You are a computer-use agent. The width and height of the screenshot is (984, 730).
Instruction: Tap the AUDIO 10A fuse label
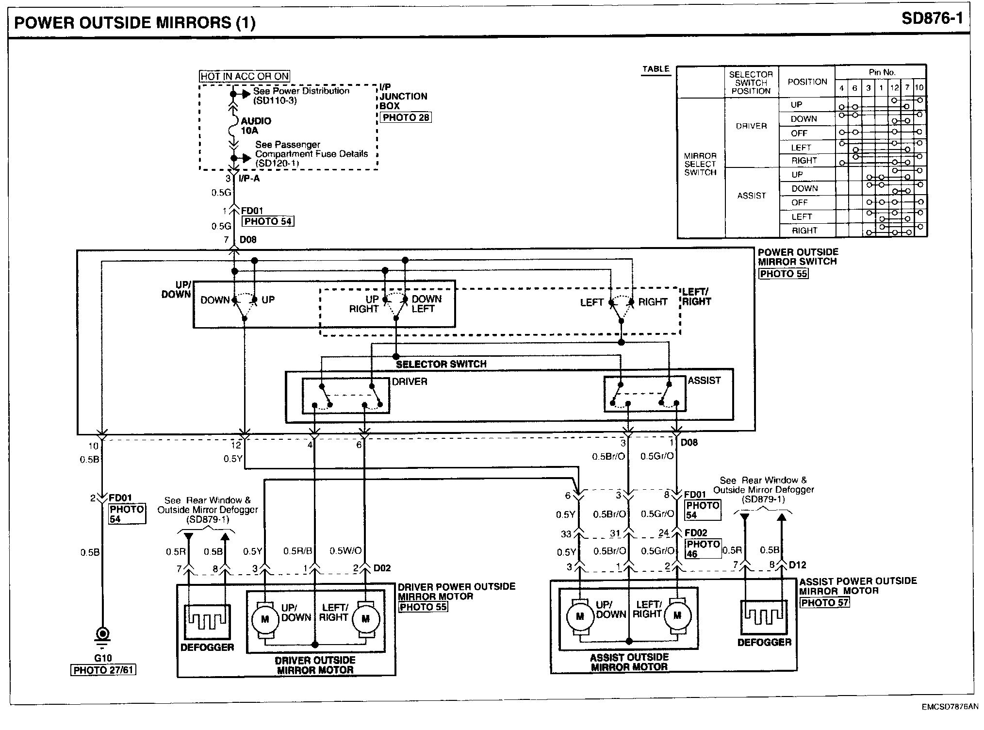(256, 126)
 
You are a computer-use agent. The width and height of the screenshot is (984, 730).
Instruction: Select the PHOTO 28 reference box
(406, 117)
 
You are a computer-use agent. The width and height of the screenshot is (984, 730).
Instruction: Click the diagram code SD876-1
(932, 19)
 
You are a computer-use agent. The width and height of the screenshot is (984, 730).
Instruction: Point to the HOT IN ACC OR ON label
(245, 76)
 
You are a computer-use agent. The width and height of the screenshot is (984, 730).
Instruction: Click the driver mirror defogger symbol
(207, 622)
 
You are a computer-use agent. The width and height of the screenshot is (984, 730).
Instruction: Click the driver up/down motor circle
(264, 619)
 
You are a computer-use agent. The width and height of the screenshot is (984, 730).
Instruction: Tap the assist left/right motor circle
(677, 615)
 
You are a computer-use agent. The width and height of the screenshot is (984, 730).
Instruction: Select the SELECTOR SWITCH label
(441, 364)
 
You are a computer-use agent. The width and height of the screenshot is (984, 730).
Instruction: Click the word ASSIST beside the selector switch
(704, 381)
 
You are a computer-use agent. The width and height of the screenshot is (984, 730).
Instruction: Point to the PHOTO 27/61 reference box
(103, 670)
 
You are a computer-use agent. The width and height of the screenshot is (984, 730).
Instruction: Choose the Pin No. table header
(882, 72)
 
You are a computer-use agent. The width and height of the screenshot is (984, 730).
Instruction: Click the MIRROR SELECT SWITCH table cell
(700, 164)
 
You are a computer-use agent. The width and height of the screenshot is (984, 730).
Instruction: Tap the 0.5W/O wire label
(346, 551)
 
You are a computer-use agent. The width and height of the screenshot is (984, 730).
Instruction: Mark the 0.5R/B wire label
(297, 551)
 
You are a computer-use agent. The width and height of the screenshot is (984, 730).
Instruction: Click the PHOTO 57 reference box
(824, 603)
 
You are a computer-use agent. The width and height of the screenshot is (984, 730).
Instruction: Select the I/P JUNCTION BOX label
(403, 96)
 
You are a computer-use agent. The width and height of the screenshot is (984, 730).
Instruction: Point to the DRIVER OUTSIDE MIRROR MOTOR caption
(315, 665)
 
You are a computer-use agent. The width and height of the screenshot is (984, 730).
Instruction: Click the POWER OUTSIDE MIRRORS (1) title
(135, 23)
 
